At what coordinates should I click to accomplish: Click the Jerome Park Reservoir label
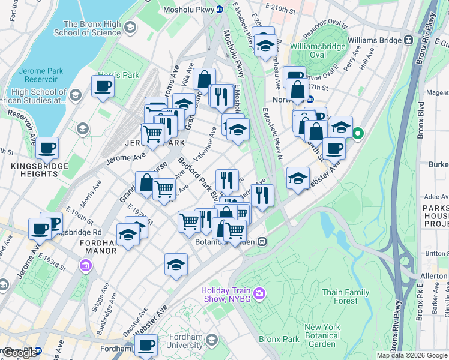[x=41, y=75]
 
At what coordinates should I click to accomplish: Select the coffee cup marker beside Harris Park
[x=103, y=86]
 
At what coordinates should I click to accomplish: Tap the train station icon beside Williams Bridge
[x=408, y=40]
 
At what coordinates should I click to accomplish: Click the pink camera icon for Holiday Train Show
[x=259, y=293]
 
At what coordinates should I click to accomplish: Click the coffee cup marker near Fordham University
[x=146, y=346]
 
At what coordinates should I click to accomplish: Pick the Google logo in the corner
[x=19, y=353]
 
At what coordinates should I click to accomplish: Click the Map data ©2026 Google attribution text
[x=412, y=355]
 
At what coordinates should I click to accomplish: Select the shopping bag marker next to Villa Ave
[x=204, y=79]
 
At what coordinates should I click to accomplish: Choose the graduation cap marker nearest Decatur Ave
[x=176, y=264]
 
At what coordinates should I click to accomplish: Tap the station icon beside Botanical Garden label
[x=262, y=242]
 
